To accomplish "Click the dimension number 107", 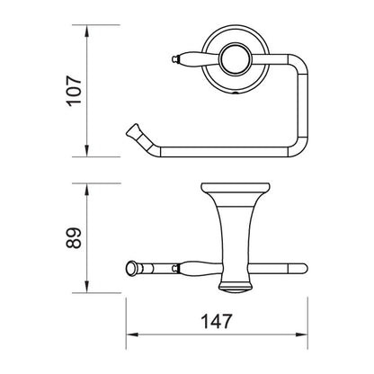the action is [x=74, y=91].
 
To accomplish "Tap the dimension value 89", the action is [x=74, y=237].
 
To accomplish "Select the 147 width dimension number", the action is [x=217, y=321].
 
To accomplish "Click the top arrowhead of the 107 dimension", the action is [x=86, y=31].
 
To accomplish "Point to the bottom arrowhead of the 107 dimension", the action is [x=86, y=151].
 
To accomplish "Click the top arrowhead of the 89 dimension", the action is [x=86, y=189].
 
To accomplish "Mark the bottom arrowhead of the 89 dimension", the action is [x=86, y=287].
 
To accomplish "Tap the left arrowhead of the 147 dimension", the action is [x=132, y=334].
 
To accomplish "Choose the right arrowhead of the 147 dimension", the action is [x=302, y=334].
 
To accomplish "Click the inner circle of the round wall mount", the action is [x=235, y=59].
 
